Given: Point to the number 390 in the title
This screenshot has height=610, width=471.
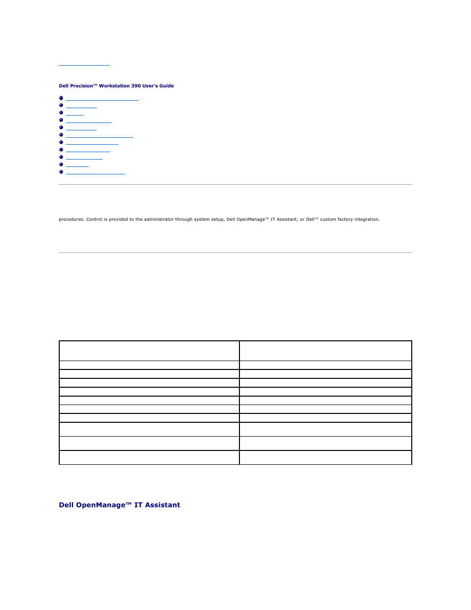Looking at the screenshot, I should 136,86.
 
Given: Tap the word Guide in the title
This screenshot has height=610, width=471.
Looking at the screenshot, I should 166,86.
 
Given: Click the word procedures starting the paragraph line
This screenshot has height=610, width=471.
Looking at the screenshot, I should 71,219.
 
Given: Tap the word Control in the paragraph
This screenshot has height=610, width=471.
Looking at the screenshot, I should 94,219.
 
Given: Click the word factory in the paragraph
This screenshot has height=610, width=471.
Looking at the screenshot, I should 345,219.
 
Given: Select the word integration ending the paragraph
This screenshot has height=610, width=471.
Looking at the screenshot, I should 367,219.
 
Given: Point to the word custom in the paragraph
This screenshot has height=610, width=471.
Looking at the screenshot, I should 328,219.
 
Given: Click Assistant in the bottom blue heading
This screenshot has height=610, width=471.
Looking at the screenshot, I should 162,505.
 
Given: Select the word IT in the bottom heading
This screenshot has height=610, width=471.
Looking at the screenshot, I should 138,505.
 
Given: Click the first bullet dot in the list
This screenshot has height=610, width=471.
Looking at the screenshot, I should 61,98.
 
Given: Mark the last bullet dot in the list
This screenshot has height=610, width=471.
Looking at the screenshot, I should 61,172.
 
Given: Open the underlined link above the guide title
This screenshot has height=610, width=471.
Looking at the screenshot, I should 84,63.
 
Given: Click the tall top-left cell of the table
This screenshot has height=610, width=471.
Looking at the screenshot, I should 149,351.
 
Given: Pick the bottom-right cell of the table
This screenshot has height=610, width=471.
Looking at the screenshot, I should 325,457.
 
